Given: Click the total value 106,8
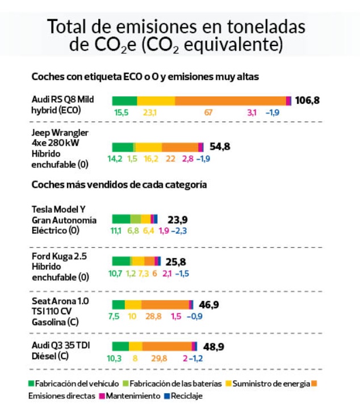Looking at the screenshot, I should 308,100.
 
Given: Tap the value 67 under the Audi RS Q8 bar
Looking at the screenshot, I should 208,112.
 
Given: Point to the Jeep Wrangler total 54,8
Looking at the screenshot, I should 220,146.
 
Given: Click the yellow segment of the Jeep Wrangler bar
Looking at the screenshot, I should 149,147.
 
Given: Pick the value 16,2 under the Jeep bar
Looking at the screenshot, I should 151,159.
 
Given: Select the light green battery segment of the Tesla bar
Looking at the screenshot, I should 136,219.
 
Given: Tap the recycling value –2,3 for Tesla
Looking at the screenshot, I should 181,231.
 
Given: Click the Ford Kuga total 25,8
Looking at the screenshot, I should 175,262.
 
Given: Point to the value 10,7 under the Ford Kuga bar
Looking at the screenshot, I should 115,274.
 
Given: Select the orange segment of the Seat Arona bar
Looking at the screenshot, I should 165,304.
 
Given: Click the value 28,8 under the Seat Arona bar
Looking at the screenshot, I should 154,316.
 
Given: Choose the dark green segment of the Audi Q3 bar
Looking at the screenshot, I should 120,346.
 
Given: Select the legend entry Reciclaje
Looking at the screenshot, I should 183,396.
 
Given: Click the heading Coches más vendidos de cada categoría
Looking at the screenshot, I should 119,184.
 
